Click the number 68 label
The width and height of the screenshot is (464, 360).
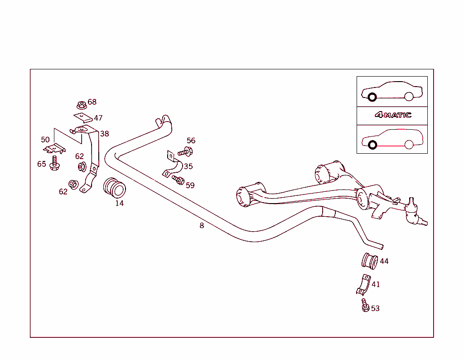[x=92, y=102]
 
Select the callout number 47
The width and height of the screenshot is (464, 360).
[x=98, y=118]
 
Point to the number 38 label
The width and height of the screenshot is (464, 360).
[x=105, y=134]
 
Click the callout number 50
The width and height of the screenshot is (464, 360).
[x=45, y=140]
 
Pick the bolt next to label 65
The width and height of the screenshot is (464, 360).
[x=55, y=165]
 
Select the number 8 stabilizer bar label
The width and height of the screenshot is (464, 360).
[x=202, y=225]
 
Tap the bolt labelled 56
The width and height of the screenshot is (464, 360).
[x=186, y=152]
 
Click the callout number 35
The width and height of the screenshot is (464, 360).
[x=188, y=166]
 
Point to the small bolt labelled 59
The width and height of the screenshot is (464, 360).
[x=178, y=180]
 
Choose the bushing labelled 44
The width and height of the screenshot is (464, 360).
[x=369, y=260]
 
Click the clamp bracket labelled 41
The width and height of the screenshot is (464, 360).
[x=363, y=285]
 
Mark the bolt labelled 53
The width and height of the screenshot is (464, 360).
[x=364, y=306]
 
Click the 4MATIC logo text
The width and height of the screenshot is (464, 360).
[x=393, y=115]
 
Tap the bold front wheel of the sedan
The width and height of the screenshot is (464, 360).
[x=372, y=97]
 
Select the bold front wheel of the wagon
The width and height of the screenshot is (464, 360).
[x=372, y=145]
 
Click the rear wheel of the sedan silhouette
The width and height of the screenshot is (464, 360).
[x=409, y=96]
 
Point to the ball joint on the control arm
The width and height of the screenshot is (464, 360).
[x=412, y=213]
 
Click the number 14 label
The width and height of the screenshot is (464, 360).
[x=119, y=203]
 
